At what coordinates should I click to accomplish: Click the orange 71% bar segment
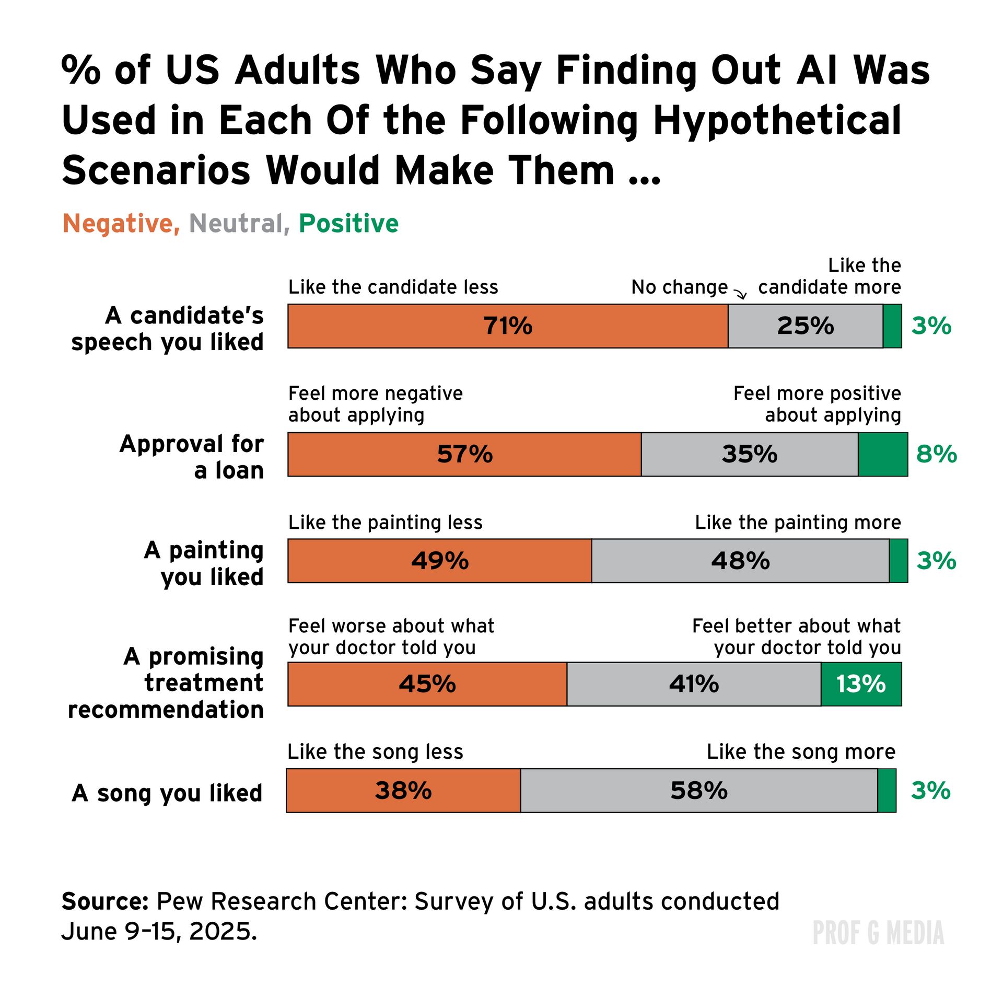pyautogui.click(x=508, y=326)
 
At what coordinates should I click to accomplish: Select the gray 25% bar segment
pyautogui.click(x=805, y=326)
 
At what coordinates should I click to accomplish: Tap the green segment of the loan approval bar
pyautogui.click(x=883, y=454)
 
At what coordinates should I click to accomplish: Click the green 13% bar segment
pyautogui.click(x=861, y=684)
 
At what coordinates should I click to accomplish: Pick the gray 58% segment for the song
pyautogui.click(x=698, y=791)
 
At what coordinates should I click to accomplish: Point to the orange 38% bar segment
pyautogui.click(x=403, y=791)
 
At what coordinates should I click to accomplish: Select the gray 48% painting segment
pyautogui.click(x=740, y=561)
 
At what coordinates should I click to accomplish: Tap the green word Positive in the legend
pyautogui.click(x=348, y=224)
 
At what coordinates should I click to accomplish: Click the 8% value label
pyautogui.click(x=936, y=454)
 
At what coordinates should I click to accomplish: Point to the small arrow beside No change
pyautogui.click(x=741, y=295)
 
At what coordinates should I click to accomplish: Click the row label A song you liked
pyautogui.click(x=167, y=793)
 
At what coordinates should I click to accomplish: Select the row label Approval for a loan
pyautogui.click(x=192, y=457)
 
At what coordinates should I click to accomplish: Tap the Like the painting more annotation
pyautogui.click(x=798, y=522)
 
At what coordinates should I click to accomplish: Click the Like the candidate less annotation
pyautogui.click(x=393, y=287)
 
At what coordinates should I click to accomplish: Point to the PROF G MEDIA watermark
pyautogui.click(x=878, y=933)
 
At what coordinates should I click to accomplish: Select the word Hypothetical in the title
pyautogui.click(x=777, y=121)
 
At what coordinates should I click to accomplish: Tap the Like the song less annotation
pyautogui.click(x=375, y=751)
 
